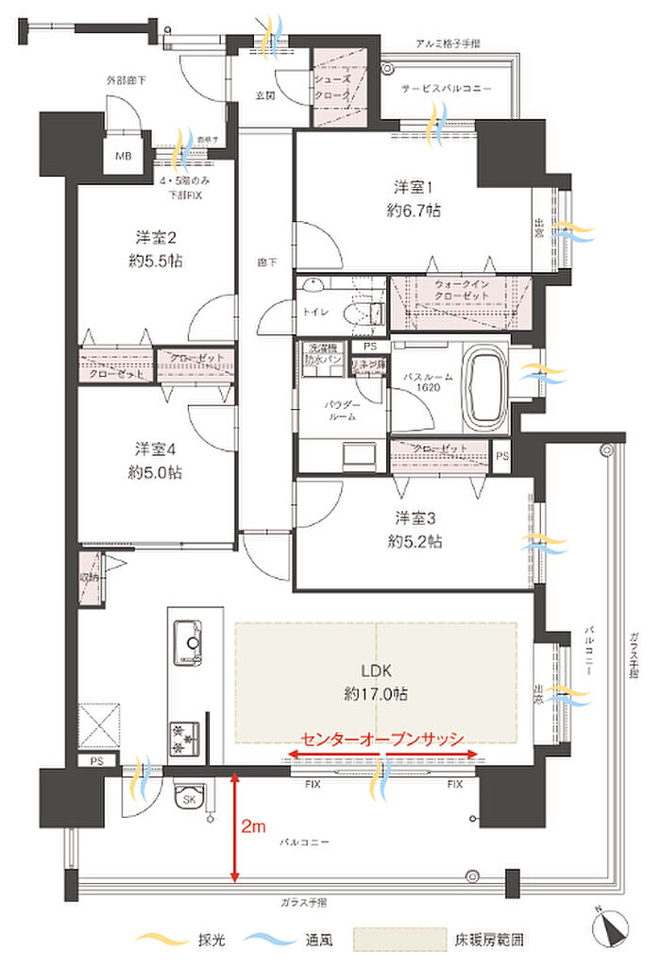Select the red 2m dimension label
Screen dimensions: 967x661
coord(253,826)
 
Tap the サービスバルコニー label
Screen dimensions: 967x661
coord(447,87)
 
